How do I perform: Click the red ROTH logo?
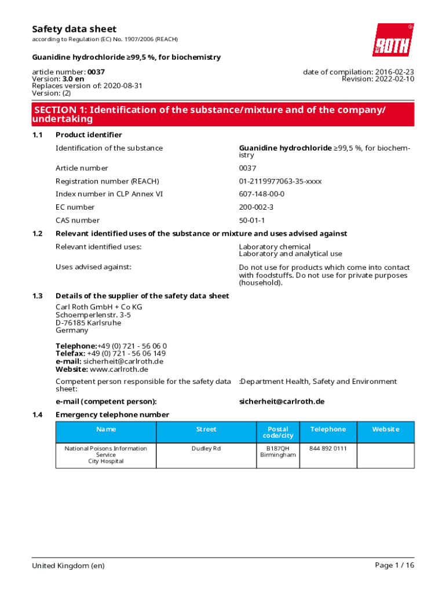click(393, 39)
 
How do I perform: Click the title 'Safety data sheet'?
click(74, 29)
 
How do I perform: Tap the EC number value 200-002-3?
click(256, 207)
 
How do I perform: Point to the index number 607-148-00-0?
click(262, 194)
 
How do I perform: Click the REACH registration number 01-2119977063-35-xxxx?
click(280, 181)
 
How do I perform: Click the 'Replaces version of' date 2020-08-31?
click(123, 86)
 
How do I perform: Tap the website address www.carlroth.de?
click(119, 369)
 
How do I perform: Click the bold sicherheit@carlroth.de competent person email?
click(282, 401)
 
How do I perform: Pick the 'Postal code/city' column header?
click(278, 432)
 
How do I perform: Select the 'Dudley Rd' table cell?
click(206, 448)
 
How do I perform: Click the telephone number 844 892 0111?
click(328, 448)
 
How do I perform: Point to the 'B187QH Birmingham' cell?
click(278, 452)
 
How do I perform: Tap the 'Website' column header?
click(386, 429)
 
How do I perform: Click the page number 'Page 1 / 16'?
click(394, 565)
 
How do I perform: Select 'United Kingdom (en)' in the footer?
click(68, 565)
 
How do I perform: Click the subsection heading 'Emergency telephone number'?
click(112, 415)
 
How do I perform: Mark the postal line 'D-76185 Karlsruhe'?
click(88, 323)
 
